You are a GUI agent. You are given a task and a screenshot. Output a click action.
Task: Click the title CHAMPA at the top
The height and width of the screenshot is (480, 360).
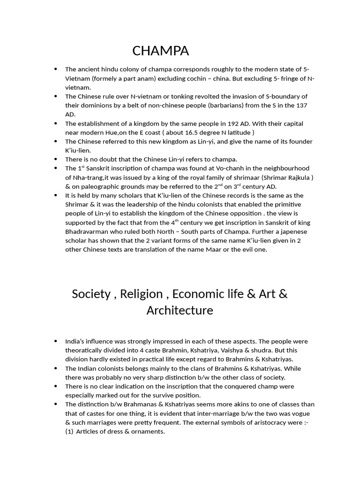tap(161, 51)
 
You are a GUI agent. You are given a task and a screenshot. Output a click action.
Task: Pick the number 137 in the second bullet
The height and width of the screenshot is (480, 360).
tap(300, 105)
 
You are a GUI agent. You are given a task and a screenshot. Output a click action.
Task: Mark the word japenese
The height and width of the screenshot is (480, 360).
tap(294, 232)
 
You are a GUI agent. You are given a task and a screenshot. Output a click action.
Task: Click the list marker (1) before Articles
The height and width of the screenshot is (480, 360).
tap(69, 431)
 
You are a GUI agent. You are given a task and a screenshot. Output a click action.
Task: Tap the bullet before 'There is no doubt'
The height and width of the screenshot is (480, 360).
tap(56, 159)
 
